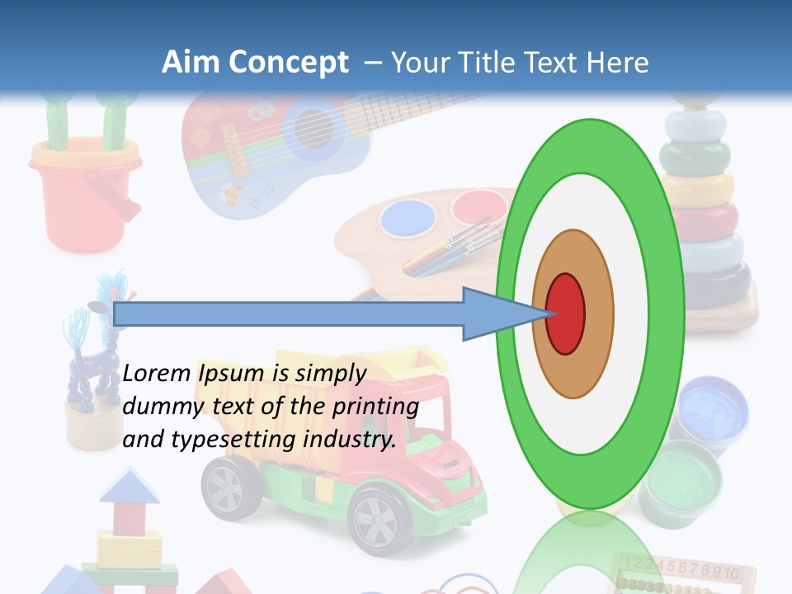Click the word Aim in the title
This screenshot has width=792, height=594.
191,63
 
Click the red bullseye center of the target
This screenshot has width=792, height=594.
565,313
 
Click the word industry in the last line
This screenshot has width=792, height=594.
354,440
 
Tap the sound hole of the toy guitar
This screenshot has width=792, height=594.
313,129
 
